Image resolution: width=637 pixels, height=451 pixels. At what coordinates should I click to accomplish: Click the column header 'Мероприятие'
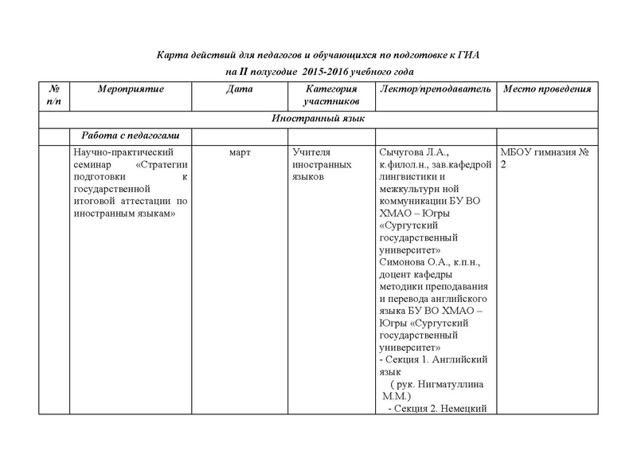pyautogui.click(x=130, y=89)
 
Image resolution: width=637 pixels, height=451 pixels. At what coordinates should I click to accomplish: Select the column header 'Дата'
pyautogui.click(x=240, y=89)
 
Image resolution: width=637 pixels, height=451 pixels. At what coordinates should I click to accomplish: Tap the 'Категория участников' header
pyautogui.click(x=330, y=96)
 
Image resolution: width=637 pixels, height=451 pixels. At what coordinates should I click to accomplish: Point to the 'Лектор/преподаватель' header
pyautogui.click(x=437, y=89)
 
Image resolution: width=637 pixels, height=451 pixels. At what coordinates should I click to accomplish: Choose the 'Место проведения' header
pyautogui.click(x=547, y=89)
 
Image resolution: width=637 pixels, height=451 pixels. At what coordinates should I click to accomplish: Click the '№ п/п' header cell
pyautogui.click(x=54, y=96)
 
